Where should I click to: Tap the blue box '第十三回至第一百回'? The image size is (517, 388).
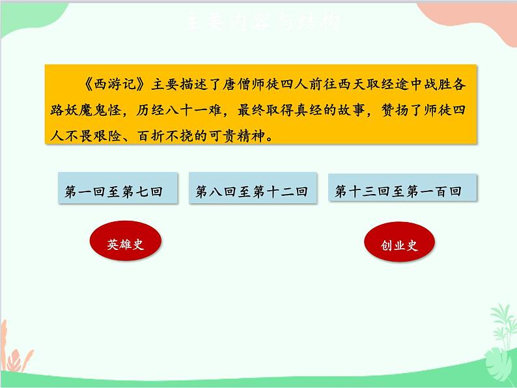click(x=398, y=191)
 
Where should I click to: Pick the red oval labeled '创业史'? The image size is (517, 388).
click(x=399, y=245)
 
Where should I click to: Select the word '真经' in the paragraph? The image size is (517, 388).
click(x=316, y=111)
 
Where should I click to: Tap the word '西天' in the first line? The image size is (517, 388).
click(x=346, y=85)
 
